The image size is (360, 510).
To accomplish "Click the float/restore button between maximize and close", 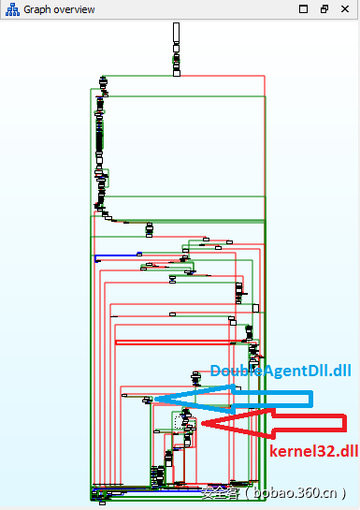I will coord(324,8).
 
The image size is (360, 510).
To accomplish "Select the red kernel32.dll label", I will coord(313,451).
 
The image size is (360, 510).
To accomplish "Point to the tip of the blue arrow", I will coord(155,400).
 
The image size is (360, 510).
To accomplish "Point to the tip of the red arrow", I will coord(202,426).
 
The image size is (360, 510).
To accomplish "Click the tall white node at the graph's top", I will coord(176,34).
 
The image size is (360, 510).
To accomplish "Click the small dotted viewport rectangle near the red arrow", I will coord(181,422).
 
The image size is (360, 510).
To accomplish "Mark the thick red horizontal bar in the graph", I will coord(173,342).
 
